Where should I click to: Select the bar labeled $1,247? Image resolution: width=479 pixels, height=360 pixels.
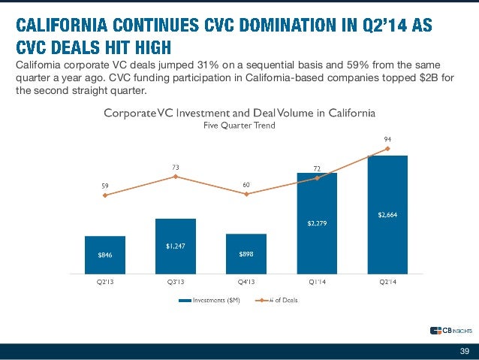point(175,245)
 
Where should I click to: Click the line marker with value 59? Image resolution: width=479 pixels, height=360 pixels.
point(105,195)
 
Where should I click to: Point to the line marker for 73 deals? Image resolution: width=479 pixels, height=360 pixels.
point(175,177)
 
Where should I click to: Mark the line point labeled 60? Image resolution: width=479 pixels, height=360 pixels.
point(246,194)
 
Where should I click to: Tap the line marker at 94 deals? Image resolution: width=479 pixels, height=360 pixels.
point(387,149)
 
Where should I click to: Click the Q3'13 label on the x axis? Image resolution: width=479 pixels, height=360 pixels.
point(175,282)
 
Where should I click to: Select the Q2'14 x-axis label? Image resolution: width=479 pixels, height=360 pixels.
point(387,282)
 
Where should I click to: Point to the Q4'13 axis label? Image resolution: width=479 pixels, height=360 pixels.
point(246,282)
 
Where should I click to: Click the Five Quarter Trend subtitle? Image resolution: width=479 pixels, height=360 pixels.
point(239,126)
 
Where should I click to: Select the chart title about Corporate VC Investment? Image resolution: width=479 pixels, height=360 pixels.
point(239,113)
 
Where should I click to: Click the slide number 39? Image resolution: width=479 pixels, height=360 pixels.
point(464,351)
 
